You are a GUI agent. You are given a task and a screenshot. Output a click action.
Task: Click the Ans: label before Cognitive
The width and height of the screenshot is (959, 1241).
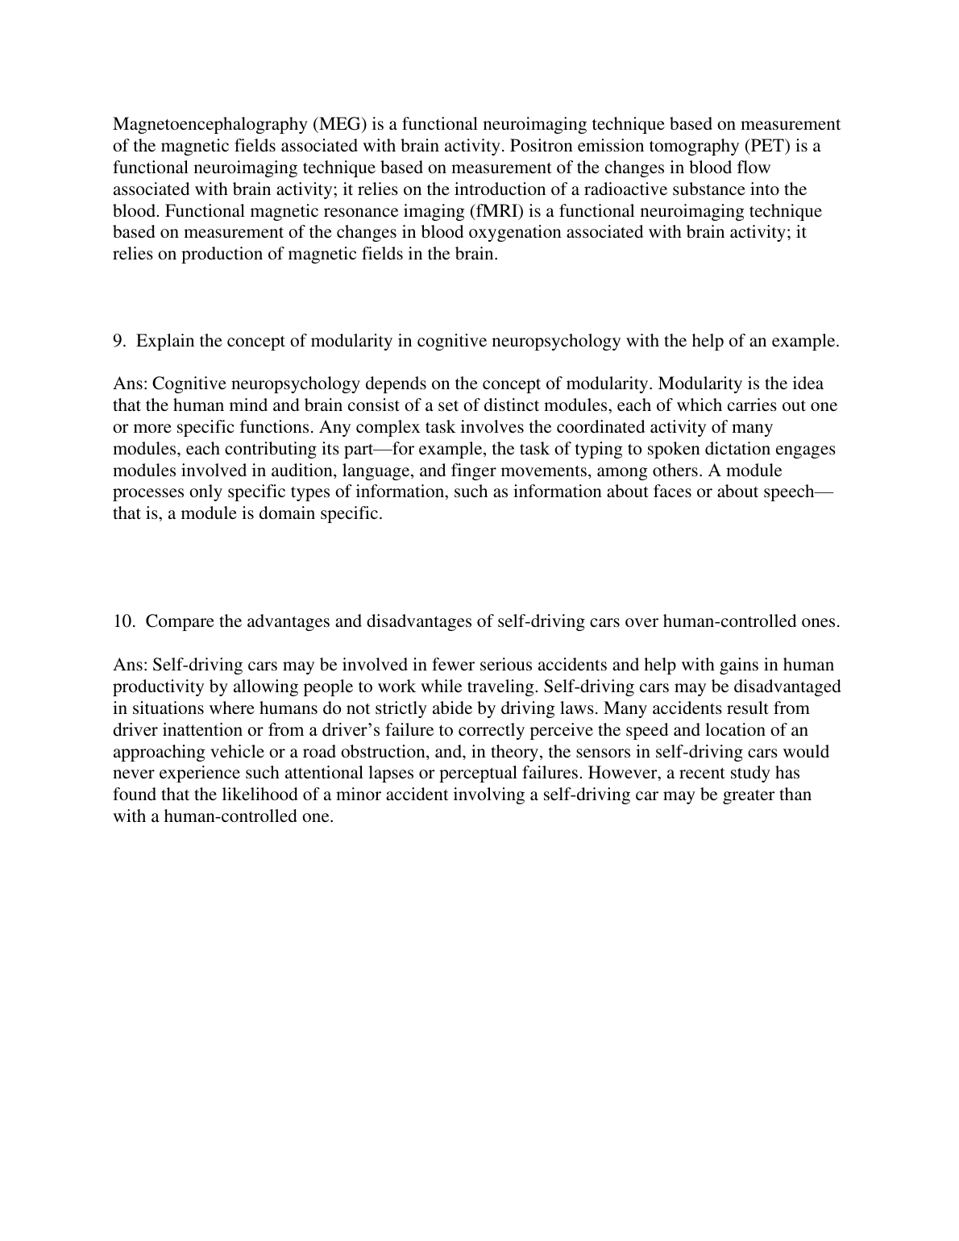coord(131,384)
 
